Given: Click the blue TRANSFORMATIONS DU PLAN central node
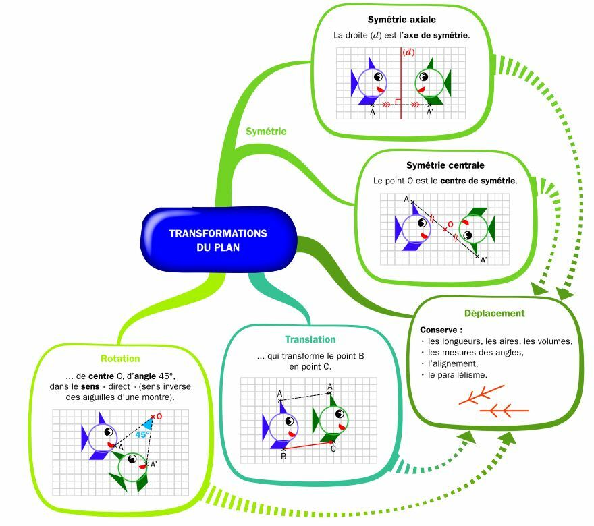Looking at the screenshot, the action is [x=219, y=239].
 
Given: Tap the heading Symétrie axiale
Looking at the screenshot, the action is [x=402, y=20].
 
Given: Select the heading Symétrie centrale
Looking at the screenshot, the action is [x=445, y=165].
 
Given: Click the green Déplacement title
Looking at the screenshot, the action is [x=494, y=314].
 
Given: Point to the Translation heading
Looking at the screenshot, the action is [x=310, y=339].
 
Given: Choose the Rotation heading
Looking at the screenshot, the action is [x=120, y=359].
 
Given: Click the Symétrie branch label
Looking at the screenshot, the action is [x=266, y=131].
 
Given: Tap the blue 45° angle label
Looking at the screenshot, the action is [x=142, y=434].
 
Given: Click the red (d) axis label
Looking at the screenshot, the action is [x=408, y=52].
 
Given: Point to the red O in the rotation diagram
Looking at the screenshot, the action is [x=159, y=416].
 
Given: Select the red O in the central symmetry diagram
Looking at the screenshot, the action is [x=450, y=225].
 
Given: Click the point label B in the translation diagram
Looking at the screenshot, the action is [x=283, y=457].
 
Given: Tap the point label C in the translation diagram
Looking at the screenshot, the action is [x=333, y=449].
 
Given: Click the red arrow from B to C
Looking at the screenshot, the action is [x=308, y=445].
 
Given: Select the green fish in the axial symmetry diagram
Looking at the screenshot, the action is [x=433, y=82].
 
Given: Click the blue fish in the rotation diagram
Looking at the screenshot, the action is [x=99, y=436].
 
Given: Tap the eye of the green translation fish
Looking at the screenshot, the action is [x=340, y=414].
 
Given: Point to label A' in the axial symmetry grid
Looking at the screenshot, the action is [x=429, y=113].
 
